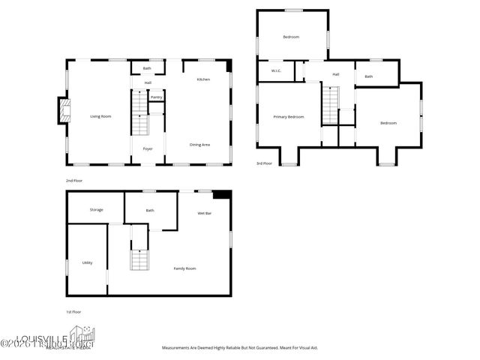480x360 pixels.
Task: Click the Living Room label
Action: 100,116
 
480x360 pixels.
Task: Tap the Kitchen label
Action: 203,79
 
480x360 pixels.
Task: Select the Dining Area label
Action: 199,144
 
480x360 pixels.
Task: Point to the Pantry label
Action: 157,97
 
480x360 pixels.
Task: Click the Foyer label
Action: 148,148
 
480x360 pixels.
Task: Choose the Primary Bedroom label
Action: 289,116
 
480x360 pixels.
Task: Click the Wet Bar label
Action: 204,213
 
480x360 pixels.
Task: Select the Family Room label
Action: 185,268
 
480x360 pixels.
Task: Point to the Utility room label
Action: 87,262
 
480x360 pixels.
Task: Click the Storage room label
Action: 96,209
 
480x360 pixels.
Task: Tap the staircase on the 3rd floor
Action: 331,105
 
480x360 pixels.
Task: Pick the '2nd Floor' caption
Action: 73,181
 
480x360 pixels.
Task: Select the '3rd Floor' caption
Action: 264,163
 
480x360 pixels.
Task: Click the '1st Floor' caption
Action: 73,311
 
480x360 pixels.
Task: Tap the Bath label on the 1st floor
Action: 150,210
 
